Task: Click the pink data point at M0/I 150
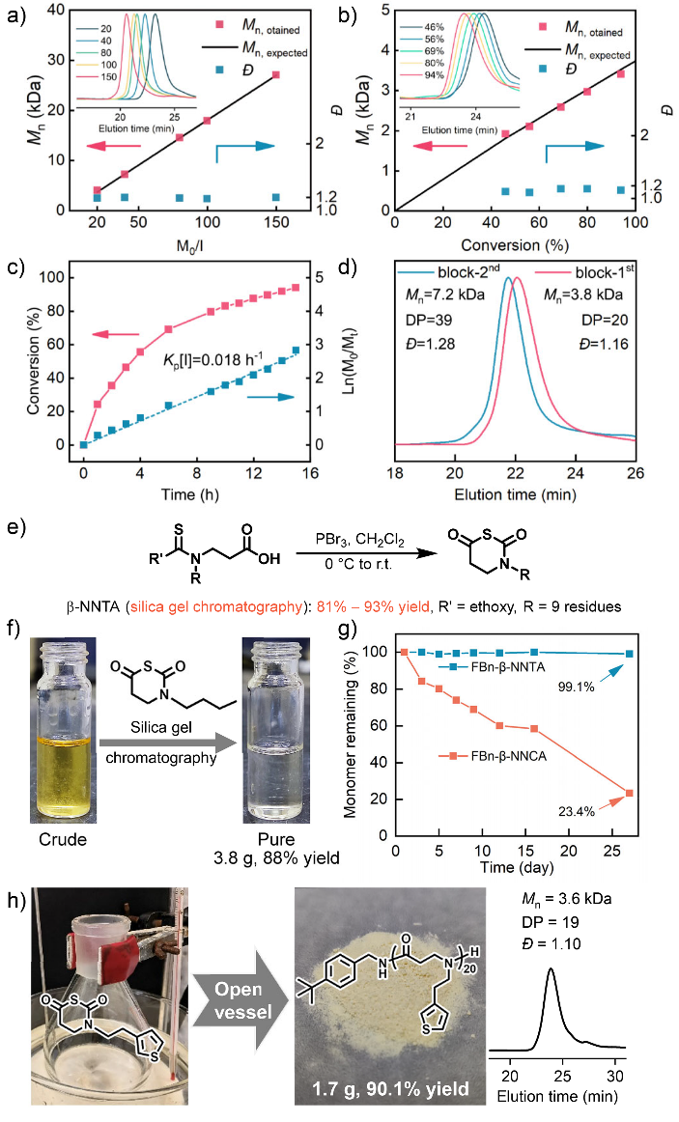coord(277,74)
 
